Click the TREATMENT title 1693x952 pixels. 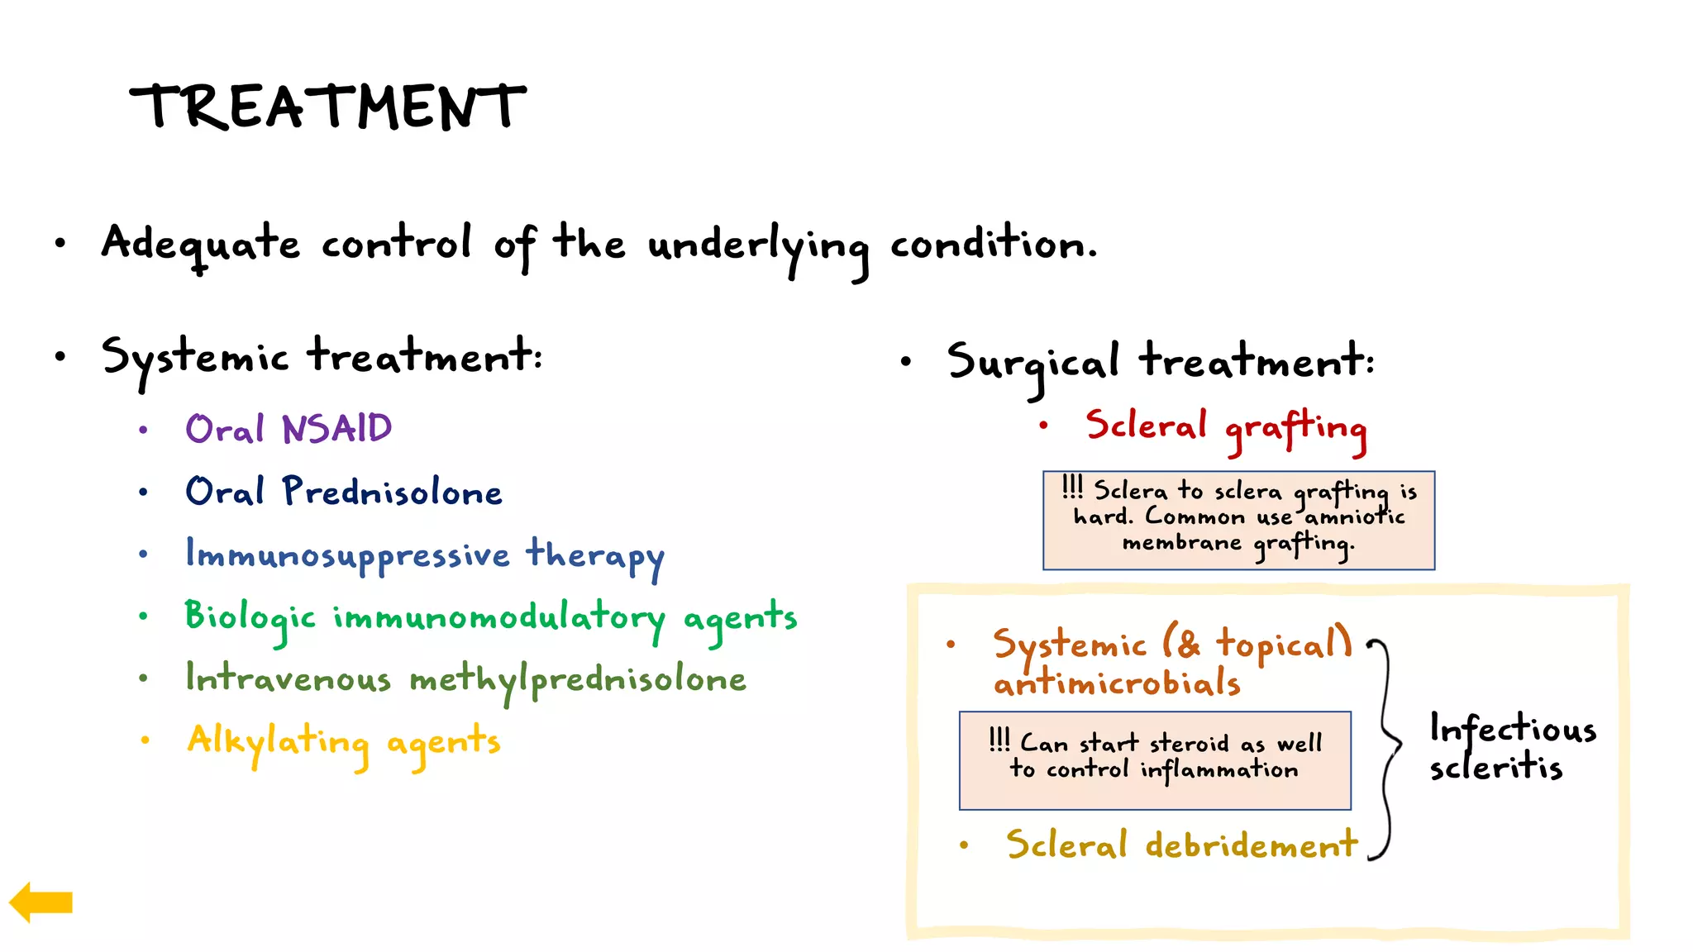[x=328, y=107]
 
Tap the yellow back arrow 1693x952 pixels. [x=41, y=902]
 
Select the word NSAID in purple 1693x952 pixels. [x=336, y=429]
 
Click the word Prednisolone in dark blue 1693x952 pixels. [x=392, y=492]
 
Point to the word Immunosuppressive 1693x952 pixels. [x=347, y=555]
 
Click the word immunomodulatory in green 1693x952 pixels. [x=498, y=617]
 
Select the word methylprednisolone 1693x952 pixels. [x=578, y=680]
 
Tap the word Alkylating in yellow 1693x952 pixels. [x=278, y=741]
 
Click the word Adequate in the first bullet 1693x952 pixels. [x=201, y=244]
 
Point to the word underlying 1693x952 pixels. [x=757, y=245]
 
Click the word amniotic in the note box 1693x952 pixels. [x=1354, y=517]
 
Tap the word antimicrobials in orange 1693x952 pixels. [x=1117, y=683]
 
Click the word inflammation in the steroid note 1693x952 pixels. [x=1219, y=770]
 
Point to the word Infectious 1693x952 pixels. [x=1513, y=730]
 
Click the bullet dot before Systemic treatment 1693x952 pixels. [x=60, y=357]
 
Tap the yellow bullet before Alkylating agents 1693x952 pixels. [x=145, y=740]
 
